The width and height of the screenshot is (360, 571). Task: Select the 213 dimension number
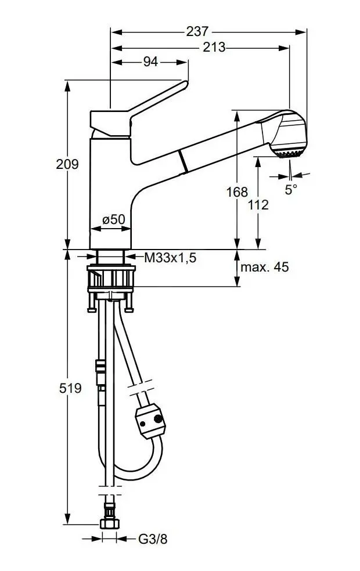(x=214, y=48)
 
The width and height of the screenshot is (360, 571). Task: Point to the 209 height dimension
(x=67, y=164)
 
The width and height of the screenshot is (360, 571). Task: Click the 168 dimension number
(x=237, y=191)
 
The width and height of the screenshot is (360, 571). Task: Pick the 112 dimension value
(x=258, y=204)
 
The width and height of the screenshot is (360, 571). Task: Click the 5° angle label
(x=291, y=189)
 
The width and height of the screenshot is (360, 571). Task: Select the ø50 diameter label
(x=114, y=219)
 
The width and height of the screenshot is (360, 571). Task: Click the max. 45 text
(x=264, y=268)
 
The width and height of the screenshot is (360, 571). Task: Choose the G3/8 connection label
(x=153, y=539)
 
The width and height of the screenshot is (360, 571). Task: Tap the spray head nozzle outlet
(x=288, y=154)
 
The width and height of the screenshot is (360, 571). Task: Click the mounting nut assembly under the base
(x=111, y=281)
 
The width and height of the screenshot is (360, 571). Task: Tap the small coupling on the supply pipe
(x=100, y=367)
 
